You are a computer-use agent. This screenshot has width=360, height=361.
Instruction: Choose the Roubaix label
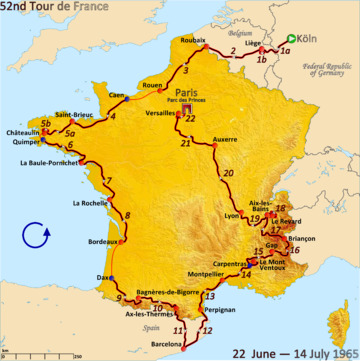pos(194,39)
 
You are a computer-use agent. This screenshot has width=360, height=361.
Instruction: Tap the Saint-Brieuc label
pos(75,116)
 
